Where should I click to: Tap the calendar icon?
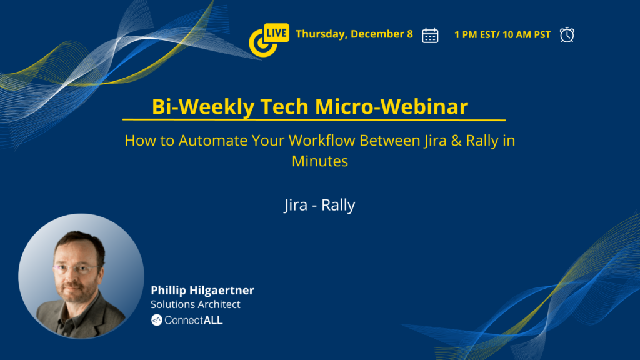click(430, 36)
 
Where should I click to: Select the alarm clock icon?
click(567, 35)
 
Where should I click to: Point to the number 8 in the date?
click(410, 34)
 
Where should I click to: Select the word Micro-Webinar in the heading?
click(391, 106)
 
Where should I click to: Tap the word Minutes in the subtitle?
click(320, 161)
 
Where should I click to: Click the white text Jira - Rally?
click(319, 205)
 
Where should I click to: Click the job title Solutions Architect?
click(196, 304)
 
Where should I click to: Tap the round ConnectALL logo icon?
click(157, 320)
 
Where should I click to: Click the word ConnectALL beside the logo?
click(194, 321)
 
